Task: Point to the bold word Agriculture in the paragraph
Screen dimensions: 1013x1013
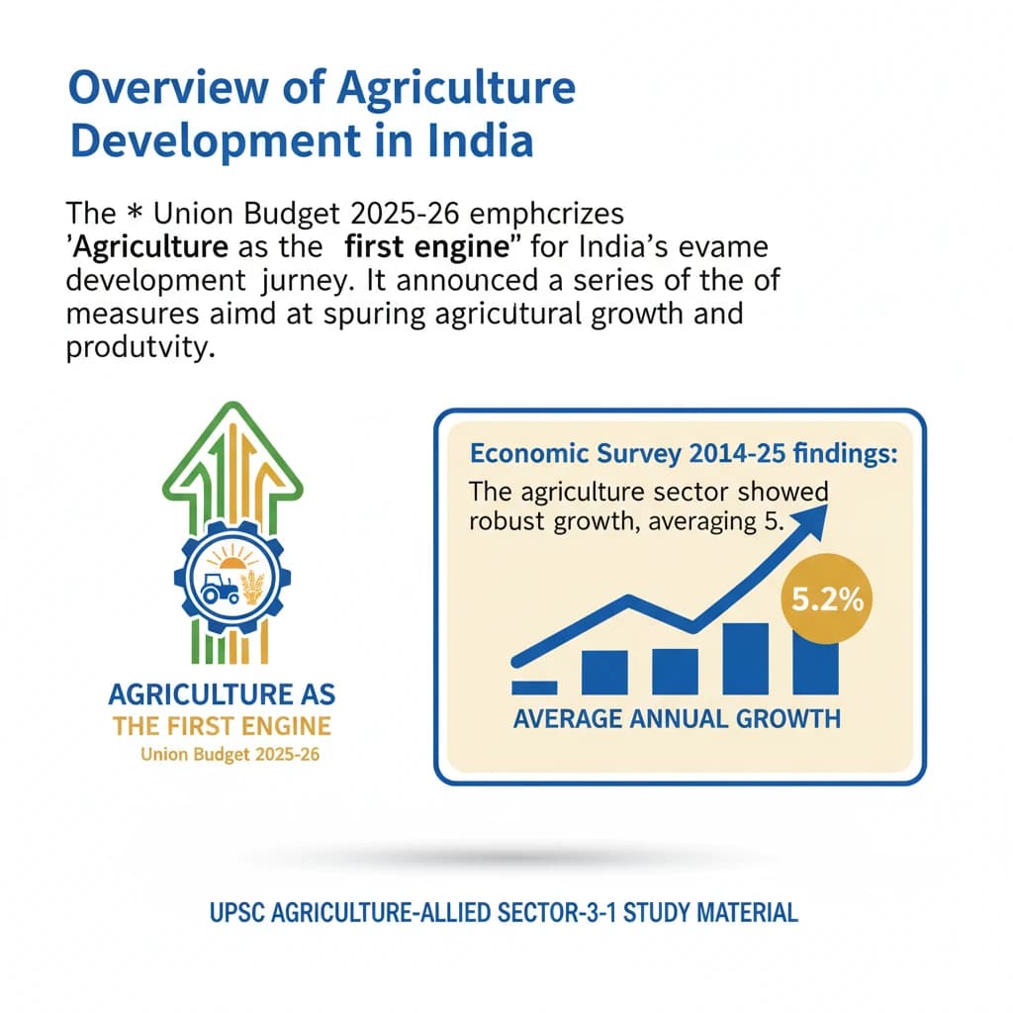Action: click(x=130, y=244)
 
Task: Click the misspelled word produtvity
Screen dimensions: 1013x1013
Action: click(x=139, y=350)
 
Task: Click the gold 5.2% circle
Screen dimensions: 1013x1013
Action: click(x=825, y=599)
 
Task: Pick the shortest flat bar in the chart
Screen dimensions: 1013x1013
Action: click(x=534, y=686)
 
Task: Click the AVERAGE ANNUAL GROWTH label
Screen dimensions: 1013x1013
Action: click(x=677, y=717)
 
